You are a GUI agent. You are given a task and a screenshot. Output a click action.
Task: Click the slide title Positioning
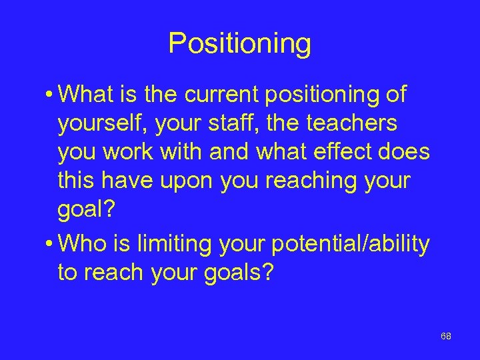point(239,44)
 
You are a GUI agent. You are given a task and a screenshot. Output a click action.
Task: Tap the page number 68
point(446,337)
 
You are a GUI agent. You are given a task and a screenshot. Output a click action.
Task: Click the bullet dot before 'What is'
point(51,95)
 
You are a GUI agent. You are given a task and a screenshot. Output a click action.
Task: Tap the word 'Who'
point(85,244)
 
